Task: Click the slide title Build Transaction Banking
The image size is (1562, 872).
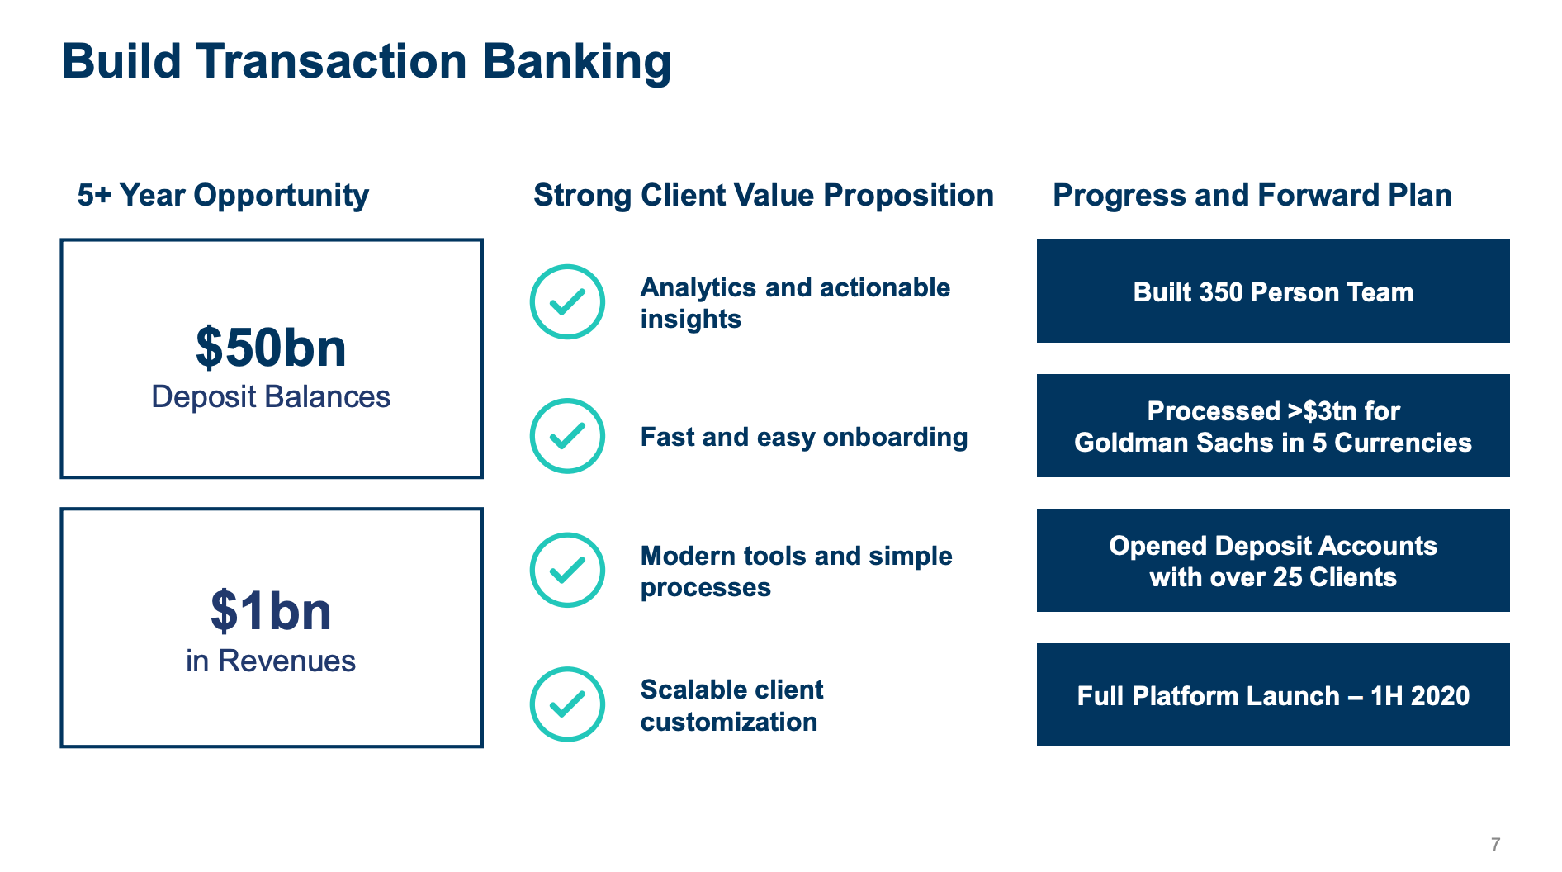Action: [x=367, y=62]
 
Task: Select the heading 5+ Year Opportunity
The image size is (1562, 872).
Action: [x=223, y=196]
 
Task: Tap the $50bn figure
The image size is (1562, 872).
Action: [x=271, y=348]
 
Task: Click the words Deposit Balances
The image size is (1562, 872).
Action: [x=271, y=397]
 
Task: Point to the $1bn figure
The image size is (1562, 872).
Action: [x=271, y=611]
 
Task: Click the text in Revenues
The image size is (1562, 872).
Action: [x=271, y=661]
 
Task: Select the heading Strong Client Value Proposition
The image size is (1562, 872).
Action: [x=763, y=196]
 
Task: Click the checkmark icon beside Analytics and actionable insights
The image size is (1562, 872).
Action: [x=567, y=302]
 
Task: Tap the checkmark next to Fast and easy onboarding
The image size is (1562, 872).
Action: [x=567, y=436]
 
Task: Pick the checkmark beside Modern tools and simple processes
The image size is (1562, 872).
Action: [x=567, y=570]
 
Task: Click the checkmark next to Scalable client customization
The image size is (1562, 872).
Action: [x=567, y=704]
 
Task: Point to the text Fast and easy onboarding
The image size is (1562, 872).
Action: [x=803, y=437]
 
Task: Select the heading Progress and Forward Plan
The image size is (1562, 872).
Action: [x=1252, y=196]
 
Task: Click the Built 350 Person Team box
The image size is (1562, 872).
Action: [x=1272, y=291]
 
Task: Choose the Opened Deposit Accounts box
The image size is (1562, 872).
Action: [x=1272, y=561]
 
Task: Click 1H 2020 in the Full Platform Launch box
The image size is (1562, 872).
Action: [x=1419, y=696]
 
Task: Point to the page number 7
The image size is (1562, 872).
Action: [x=1495, y=844]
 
